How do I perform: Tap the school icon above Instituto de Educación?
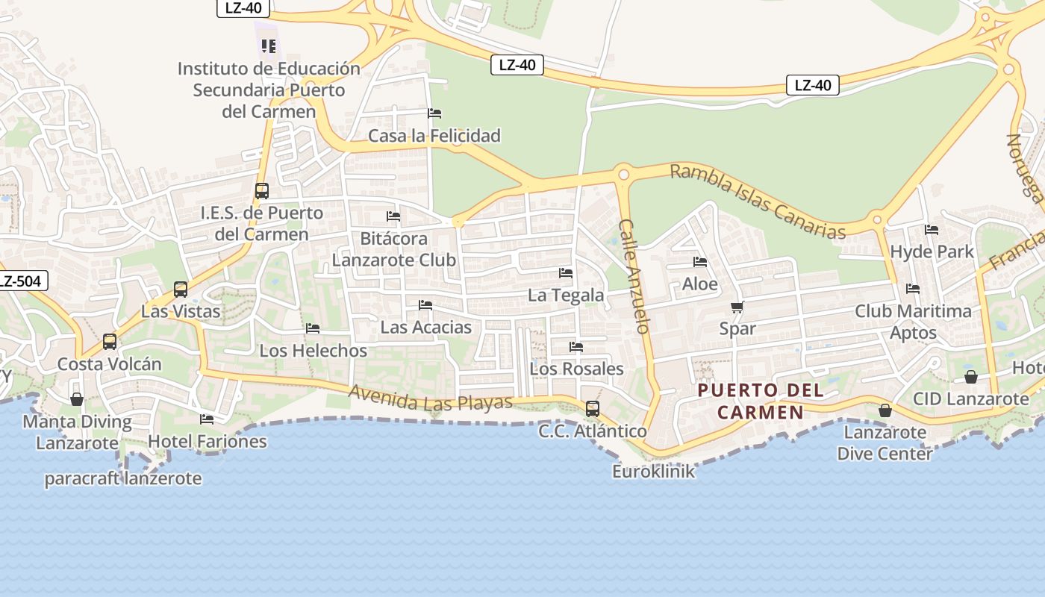[269, 46]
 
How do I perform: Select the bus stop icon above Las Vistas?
[181, 290]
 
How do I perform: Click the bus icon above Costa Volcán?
[110, 342]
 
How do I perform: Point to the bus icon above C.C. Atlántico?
[593, 409]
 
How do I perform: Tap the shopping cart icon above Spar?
[737, 307]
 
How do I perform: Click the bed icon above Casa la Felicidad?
[434, 113]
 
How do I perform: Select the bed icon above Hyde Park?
[932, 230]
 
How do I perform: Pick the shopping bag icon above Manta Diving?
[76, 399]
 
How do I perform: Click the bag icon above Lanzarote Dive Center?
[885, 410]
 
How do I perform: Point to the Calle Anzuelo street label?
[635, 276]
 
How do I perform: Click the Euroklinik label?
[653, 472]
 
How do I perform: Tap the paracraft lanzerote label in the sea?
[123, 478]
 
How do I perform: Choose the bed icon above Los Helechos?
[313, 328]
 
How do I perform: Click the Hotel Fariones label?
[207, 441]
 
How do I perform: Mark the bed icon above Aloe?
[700, 262]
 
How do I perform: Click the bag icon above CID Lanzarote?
[971, 377]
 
